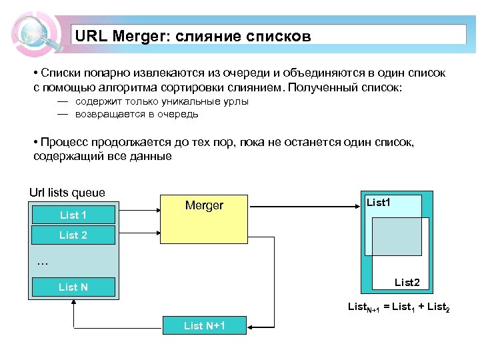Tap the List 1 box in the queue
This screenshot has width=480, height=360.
click(x=73, y=215)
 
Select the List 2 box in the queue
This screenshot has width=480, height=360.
click(x=73, y=235)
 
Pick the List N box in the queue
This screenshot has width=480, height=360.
click(x=73, y=287)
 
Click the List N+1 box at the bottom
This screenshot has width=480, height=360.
click(x=205, y=325)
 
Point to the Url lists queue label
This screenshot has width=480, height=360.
click(x=67, y=193)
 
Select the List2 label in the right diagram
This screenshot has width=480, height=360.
click(x=407, y=283)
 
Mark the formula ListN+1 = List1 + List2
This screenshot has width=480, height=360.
click(x=399, y=307)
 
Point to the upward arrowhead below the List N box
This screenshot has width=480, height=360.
click(x=73, y=301)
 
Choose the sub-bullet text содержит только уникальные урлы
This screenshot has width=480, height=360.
click(x=162, y=101)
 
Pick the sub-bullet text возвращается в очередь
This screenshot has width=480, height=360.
click(x=137, y=114)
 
